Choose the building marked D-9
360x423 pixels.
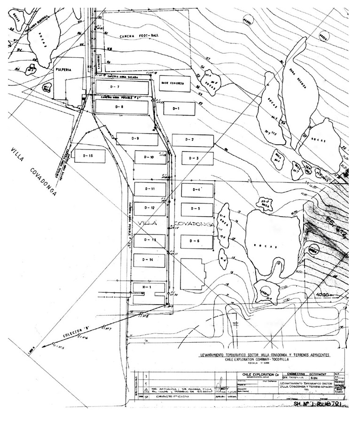point(136,139)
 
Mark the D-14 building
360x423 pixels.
point(149,260)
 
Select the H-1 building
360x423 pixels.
point(149,286)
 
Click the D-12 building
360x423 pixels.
point(149,207)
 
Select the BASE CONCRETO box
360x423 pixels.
point(172,83)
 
